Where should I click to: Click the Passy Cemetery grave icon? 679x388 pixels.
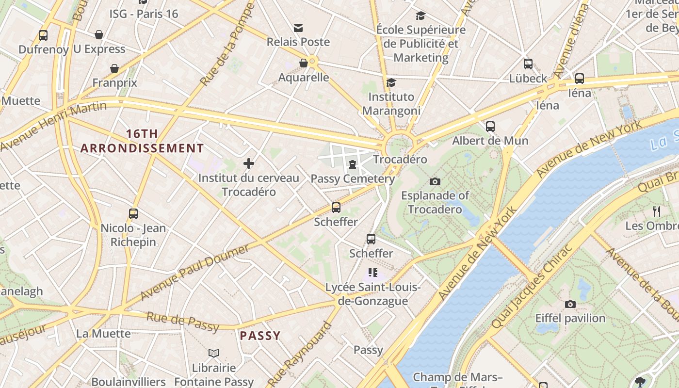click(x=353, y=165)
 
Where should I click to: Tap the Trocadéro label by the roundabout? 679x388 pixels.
click(x=400, y=160)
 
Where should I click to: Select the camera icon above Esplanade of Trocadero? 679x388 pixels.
click(x=435, y=181)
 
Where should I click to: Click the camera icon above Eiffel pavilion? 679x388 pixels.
click(x=570, y=304)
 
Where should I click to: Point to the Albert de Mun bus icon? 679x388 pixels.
click(x=490, y=127)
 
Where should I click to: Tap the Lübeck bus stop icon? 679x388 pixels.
click(x=528, y=64)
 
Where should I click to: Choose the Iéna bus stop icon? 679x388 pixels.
click(x=579, y=79)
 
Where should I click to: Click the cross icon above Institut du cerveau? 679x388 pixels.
click(x=249, y=163)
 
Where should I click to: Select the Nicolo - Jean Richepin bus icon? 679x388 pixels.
click(x=133, y=214)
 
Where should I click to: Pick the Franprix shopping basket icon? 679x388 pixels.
click(x=114, y=68)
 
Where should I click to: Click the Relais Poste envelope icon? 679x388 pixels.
click(x=298, y=28)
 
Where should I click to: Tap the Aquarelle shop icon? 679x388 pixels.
click(x=304, y=63)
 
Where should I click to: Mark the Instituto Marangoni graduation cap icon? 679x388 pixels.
click(x=391, y=82)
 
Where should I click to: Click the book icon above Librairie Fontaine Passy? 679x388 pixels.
click(x=214, y=354)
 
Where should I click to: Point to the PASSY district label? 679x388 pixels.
click(x=260, y=336)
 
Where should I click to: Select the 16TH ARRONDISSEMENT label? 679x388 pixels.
click(x=142, y=141)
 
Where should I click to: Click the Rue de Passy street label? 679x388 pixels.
click(x=182, y=322)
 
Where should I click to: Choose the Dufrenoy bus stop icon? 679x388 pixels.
click(x=43, y=35)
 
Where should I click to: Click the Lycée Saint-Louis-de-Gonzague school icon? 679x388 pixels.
click(x=372, y=273)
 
